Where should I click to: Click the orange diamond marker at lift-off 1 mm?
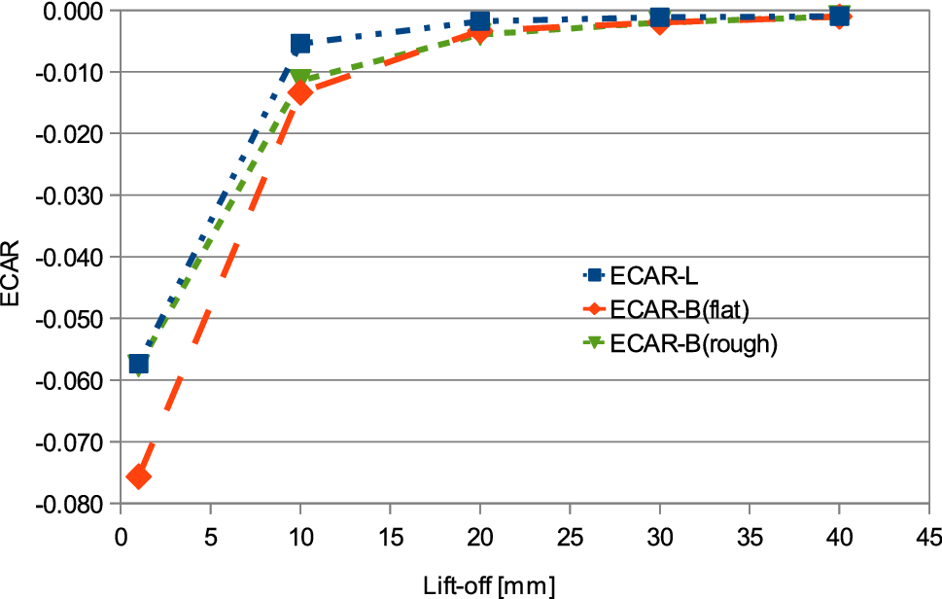[138, 476]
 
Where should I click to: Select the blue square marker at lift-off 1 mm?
[138, 364]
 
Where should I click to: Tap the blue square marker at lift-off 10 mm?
[300, 44]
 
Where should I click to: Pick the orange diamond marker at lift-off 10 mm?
[300, 93]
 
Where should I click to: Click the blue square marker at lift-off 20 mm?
[479, 21]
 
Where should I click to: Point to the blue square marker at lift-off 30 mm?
[660, 18]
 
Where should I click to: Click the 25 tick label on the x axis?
[570, 536]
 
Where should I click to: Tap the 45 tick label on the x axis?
[928, 536]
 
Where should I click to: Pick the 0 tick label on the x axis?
[121, 536]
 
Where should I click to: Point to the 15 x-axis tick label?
[390, 536]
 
